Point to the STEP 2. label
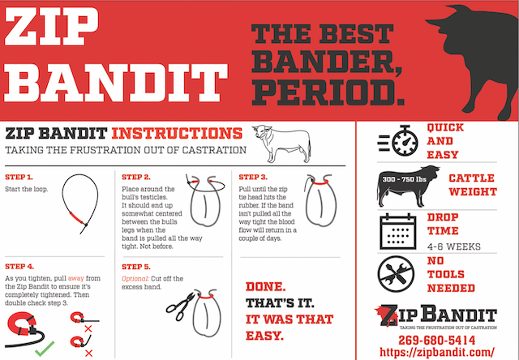pyautogui.click(x=135, y=177)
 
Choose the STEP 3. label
pyautogui.click(x=253, y=177)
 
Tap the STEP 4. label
pyautogui.click(x=19, y=266)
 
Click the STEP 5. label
pyautogui.click(x=135, y=266)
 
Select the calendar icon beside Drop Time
pyautogui.click(x=398, y=230)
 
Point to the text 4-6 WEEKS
pyautogui.click(x=453, y=246)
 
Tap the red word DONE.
pyautogui.click(x=264, y=288)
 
